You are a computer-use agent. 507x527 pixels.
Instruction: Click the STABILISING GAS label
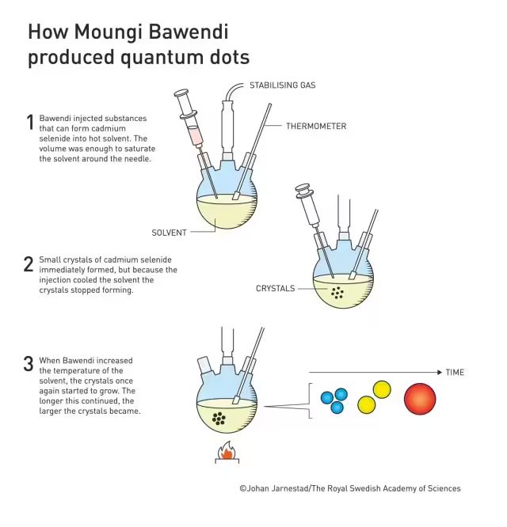tap(283, 85)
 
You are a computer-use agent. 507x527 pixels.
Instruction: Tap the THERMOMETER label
tap(316, 127)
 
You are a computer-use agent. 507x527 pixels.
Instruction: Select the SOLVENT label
tap(169, 233)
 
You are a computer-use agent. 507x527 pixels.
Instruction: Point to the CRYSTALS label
tap(275, 288)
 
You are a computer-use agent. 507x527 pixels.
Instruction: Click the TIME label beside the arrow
tap(455, 373)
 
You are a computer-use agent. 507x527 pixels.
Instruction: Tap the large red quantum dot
tap(420, 399)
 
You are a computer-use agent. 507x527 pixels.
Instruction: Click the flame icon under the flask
tap(227, 451)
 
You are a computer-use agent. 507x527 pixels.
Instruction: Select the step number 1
tap(30, 122)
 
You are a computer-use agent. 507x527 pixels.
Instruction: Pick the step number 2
tap(29, 263)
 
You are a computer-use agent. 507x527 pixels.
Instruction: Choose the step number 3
tap(29, 364)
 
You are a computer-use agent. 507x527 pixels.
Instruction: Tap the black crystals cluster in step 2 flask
tap(337, 293)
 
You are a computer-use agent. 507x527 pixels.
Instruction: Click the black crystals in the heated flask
tap(219, 419)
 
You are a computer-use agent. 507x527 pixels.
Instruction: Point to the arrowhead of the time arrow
tap(440, 372)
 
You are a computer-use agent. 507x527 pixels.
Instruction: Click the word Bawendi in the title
tap(188, 32)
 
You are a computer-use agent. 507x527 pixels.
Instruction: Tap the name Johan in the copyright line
tap(258, 488)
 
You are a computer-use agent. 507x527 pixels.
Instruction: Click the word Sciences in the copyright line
tap(444, 488)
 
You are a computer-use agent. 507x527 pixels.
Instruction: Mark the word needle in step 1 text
tap(139, 158)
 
